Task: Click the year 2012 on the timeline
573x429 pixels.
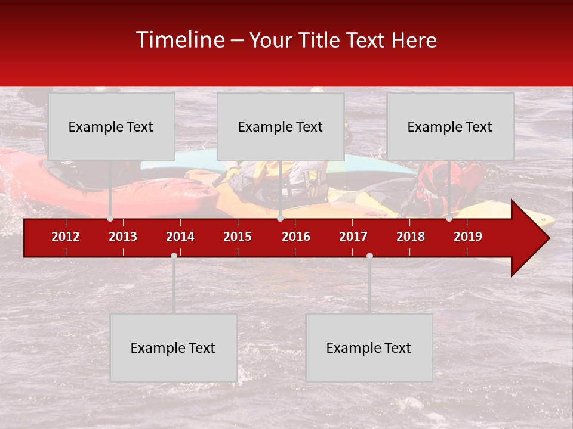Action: [66, 237]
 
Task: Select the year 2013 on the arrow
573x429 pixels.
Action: [123, 237]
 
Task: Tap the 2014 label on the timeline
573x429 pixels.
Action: [180, 237]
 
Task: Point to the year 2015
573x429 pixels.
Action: [238, 237]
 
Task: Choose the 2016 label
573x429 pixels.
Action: [296, 237]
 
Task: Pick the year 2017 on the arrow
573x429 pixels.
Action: [353, 237]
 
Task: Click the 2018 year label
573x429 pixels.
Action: [411, 237]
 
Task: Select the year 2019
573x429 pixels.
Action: [468, 237]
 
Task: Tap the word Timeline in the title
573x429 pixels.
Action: [180, 40]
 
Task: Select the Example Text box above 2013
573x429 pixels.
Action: [111, 126]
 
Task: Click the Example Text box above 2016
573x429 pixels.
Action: [281, 126]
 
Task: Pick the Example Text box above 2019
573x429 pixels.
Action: [450, 126]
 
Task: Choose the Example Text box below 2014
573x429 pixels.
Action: [173, 347]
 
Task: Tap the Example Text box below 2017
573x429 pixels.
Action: [369, 347]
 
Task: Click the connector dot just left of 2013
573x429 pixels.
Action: [110, 219]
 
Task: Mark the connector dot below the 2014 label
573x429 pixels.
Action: [174, 256]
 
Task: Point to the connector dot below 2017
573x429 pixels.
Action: [369, 256]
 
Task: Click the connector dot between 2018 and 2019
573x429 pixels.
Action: [449, 219]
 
